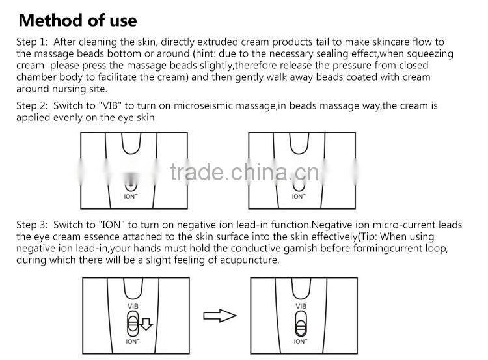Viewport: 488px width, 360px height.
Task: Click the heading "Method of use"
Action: pos(77,21)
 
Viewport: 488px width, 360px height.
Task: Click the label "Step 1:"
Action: pos(32,42)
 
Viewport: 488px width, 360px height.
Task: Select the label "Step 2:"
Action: pos(32,106)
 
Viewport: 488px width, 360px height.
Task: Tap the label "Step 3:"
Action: pos(32,225)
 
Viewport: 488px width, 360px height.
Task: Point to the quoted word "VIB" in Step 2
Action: pos(110,106)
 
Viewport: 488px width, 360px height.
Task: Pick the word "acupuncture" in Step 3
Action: pos(249,260)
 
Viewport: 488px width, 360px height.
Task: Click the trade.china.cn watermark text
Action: pos(245,173)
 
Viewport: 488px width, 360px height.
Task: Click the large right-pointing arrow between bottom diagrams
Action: pos(220,316)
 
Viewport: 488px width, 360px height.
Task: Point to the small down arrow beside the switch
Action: pos(146,324)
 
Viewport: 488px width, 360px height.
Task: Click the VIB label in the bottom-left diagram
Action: pos(133,306)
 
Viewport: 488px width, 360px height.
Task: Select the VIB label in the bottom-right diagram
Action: pos(301,306)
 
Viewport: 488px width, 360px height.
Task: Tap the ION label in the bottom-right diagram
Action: pos(301,341)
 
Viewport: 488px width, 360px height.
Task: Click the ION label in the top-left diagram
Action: pos(131,196)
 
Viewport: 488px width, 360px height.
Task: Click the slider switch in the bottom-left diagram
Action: pos(133,324)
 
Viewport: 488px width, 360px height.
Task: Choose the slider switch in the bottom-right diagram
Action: pos(301,324)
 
